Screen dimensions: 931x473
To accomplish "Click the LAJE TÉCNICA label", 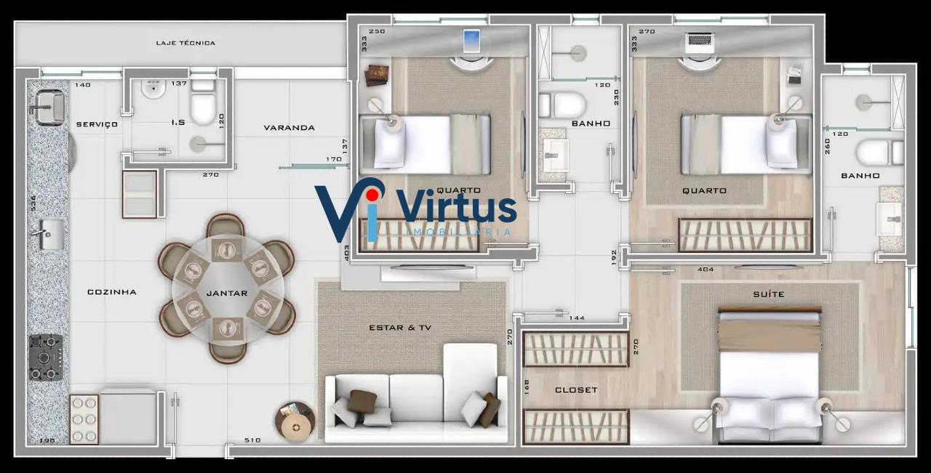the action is click(x=185, y=43).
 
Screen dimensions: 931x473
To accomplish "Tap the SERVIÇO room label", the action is click(x=97, y=124).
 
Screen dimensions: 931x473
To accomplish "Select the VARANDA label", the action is click(x=289, y=127).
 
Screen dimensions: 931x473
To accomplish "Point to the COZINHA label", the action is click(x=112, y=292).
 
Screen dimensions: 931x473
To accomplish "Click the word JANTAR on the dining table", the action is click(x=227, y=294).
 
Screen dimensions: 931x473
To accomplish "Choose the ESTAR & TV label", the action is click(x=400, y=328).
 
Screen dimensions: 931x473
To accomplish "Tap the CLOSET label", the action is click(x=576, y=390).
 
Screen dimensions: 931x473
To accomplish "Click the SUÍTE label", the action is click(x=769, y=294).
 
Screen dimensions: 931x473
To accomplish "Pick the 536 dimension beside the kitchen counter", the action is click(x=33, y=203).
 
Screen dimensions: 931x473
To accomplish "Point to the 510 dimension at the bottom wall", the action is click(x=252, y=440).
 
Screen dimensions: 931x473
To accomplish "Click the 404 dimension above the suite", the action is click(x=706, y=269).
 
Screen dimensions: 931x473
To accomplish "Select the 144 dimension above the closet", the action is click(x=577, y=318).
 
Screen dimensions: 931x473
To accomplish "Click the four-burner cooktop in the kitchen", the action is click(x=46, y=357).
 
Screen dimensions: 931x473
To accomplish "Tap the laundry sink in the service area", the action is click(x=49, y=108).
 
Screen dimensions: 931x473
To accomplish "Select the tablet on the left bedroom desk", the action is click(x=472, y=41).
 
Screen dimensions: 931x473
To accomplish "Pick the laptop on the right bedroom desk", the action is click(x=700, y=43).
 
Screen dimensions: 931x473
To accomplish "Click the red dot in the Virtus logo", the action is click(x=372, y=194).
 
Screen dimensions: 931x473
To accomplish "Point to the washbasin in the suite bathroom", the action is click(x=890, y=219).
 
